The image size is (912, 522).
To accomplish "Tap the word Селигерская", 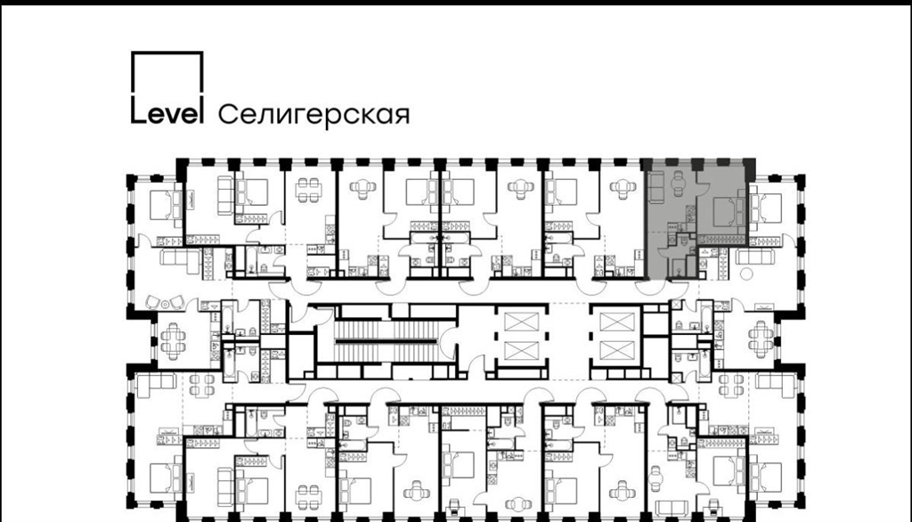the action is (x=313, y=115).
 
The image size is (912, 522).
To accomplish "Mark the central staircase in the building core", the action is (x=387, y=340).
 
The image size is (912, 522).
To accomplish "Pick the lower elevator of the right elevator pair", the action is (x=616, y=351).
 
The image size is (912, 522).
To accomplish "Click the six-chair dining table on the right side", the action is (x=761, y=338).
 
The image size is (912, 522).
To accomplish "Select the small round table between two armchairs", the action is (x=165, y=303).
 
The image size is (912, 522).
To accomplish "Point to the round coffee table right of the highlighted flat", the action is (x=746, y=273).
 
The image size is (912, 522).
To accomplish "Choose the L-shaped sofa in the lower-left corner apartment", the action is (x=155, y=385).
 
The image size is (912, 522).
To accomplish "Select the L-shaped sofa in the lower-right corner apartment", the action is (x=776, y=385).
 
